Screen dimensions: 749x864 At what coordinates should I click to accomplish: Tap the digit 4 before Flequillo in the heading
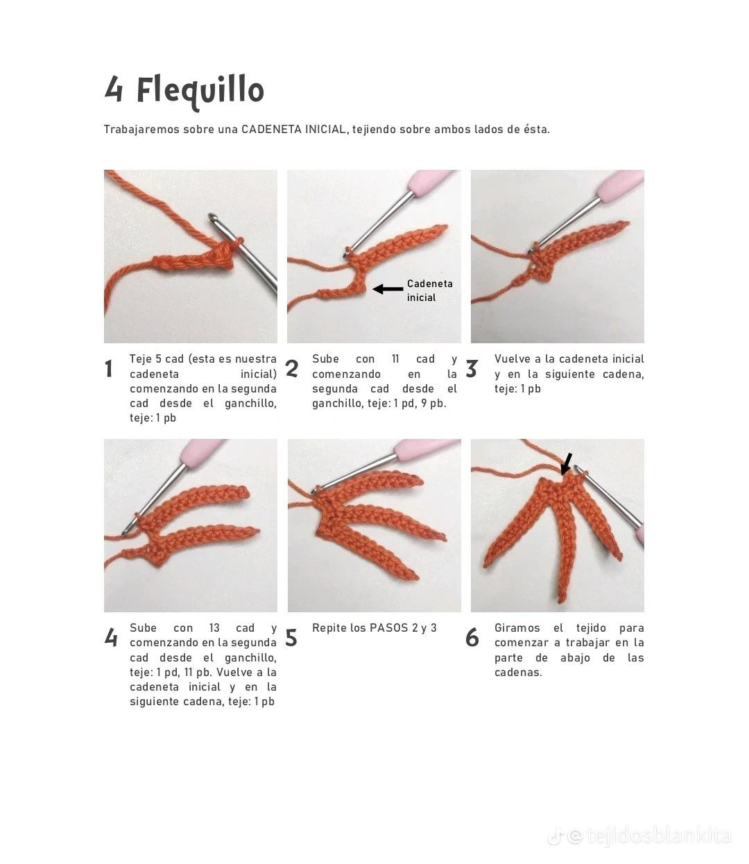[113, 89]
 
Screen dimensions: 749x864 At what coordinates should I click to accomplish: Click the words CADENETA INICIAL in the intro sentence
[293, 130]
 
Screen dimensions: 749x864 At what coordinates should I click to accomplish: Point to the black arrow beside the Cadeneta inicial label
[388, 289]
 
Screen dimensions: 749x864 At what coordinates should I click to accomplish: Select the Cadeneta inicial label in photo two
[430, 291]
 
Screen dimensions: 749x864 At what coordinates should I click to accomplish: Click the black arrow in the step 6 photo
[567, 464]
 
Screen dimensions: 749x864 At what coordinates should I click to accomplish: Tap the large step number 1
[109, 369]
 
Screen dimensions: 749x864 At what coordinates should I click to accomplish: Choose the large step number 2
[292, 369]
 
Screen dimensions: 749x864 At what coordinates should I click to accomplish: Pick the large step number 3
[472, 369]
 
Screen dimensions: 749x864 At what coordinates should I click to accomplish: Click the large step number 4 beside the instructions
[111, 638]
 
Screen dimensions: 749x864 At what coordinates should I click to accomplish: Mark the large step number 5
[291, 638]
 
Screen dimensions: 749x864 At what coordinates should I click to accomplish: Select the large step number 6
[472, 638]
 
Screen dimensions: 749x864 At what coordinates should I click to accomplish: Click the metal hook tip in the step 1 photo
[213, 217]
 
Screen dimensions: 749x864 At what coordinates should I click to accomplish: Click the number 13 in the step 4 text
[214, 628]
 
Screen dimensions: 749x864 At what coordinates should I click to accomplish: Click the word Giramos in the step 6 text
[517, 628]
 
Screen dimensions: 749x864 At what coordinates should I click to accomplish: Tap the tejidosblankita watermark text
[659, 836]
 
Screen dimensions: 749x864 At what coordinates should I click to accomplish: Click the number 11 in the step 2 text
[395, 358]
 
